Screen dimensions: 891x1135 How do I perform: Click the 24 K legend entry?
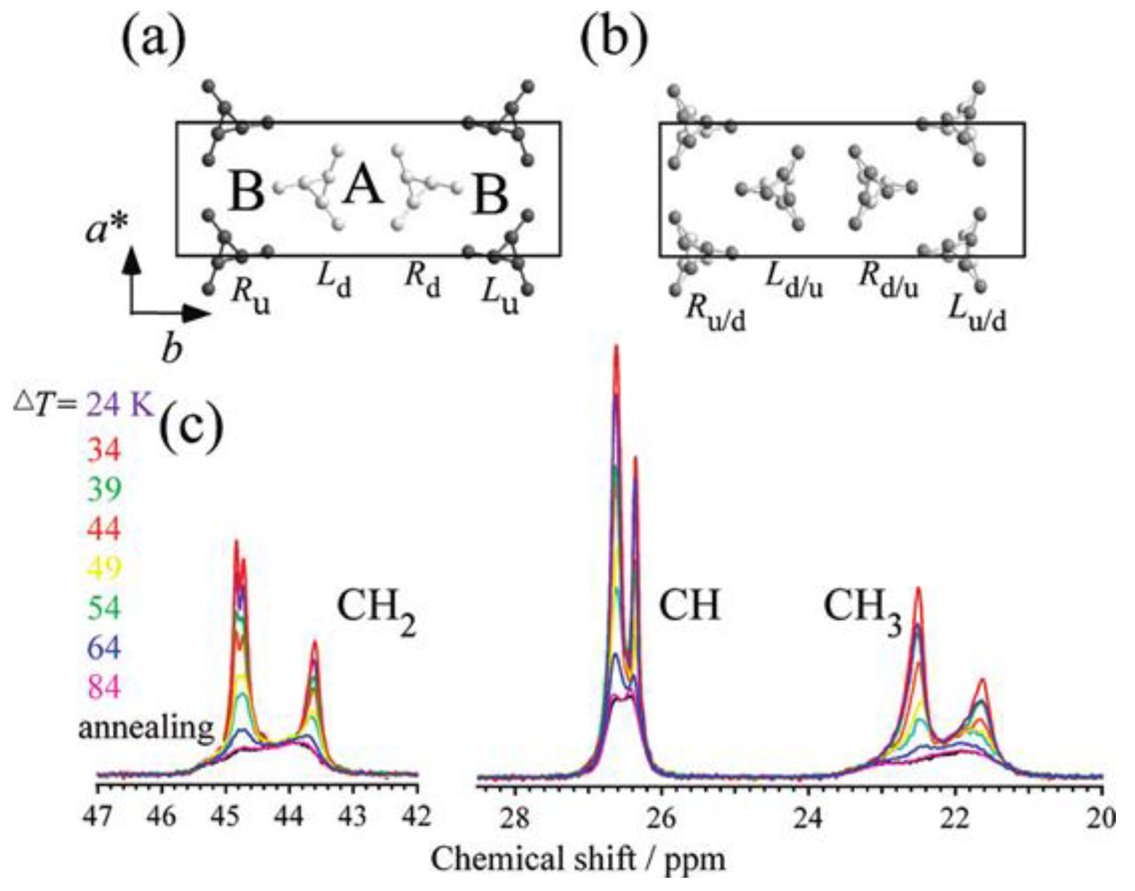click(x=120, y=404)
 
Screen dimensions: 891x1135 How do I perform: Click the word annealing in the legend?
click(x=146, y=727)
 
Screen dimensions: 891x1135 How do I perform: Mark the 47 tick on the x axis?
click(x=98, y=816)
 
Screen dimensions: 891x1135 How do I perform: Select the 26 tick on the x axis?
click(x=662, y=816)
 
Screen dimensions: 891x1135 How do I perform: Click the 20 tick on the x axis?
click(x=1102, y=816)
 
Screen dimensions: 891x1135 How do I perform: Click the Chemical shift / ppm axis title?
click(x=578, y=858)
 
